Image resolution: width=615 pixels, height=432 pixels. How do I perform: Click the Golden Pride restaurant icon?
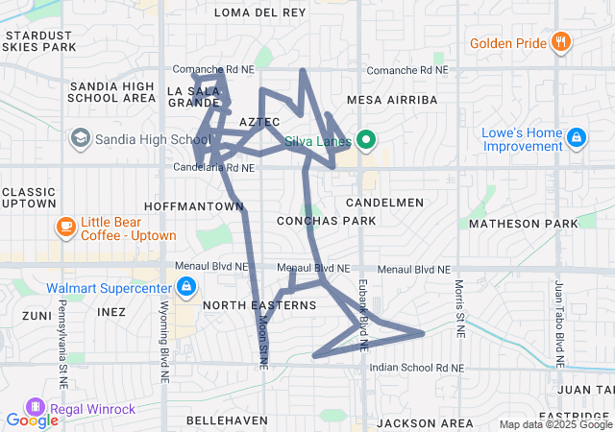[x=562, y=42]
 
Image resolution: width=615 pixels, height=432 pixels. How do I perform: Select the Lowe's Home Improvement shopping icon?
[x=577, y=138]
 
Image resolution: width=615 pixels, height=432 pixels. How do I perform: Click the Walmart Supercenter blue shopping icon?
[x=186, y=286]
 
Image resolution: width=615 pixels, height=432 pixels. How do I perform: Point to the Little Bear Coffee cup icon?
[x=65, y=228]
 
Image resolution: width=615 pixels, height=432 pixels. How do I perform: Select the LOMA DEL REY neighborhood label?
[x=258, y=12]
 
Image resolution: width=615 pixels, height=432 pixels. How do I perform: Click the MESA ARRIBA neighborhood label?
[x=384, y=99]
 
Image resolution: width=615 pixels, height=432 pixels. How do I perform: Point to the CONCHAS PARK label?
[x=325, y=221]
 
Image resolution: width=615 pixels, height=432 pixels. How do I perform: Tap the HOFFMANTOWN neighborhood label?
[x=194, y=205]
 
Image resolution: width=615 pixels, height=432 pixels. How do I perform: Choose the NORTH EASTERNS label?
[x=259, y=305]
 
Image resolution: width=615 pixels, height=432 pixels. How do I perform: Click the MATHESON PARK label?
[x=524, y=224]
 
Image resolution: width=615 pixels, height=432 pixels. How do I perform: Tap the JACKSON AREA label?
[x=424, y=422]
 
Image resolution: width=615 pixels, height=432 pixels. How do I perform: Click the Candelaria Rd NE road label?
[x=213, y=168]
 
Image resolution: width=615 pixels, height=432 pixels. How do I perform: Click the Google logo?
[x=32, y=420]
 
